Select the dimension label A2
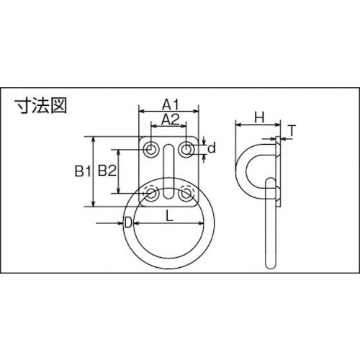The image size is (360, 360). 168,118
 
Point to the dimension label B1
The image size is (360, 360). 81,171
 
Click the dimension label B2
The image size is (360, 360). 107,171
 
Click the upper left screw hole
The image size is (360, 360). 151,150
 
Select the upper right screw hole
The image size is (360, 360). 186,150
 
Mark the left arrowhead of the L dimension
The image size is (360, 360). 135,224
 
